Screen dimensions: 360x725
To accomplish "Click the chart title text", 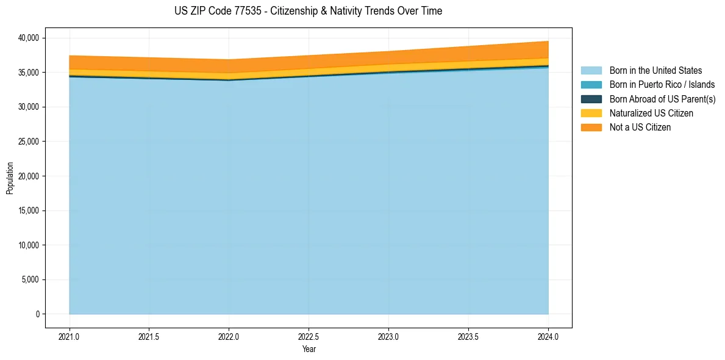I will [308, 11].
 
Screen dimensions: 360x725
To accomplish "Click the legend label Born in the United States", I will [655, 71].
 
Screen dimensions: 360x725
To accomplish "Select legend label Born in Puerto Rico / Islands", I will [662, 85].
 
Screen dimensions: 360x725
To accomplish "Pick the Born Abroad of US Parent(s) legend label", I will [662, 99].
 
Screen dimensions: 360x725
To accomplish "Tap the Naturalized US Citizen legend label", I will [651, 113].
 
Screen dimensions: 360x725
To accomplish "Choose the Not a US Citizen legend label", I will [640, 127].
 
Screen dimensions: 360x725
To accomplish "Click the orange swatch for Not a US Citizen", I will [591, 127].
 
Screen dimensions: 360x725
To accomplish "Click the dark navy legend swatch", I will [591, 99].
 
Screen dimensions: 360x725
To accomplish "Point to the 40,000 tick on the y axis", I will [28, 38].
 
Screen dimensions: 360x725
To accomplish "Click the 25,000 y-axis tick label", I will [28, 142].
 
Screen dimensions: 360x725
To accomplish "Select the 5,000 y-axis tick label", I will [30, 279].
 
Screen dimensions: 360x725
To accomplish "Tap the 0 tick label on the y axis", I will [37, 314].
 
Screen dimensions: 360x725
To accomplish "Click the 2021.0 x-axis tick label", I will [69, 336].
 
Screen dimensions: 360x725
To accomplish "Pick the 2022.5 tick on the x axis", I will [309, 336].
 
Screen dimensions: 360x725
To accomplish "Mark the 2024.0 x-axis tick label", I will [548, 336].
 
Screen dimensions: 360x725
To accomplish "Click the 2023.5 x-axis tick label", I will [468, 336].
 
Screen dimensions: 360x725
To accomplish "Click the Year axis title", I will [309, 349].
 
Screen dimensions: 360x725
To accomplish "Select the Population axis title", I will [10, 178].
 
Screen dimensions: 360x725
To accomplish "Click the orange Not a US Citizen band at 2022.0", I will [229, 67].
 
